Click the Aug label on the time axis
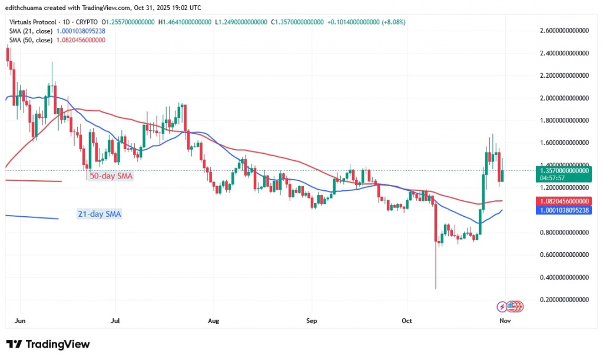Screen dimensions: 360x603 [214, 321]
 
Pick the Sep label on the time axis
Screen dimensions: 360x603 [312, 321]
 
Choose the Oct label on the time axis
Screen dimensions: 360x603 [407, 321]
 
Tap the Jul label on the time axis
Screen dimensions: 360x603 [115, 321]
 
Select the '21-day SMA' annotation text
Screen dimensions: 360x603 [100, 214]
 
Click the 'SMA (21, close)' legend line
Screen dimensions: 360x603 [57, 31]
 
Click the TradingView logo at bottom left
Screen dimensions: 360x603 [48, 344]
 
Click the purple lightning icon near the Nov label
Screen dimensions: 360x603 [502, 306]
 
